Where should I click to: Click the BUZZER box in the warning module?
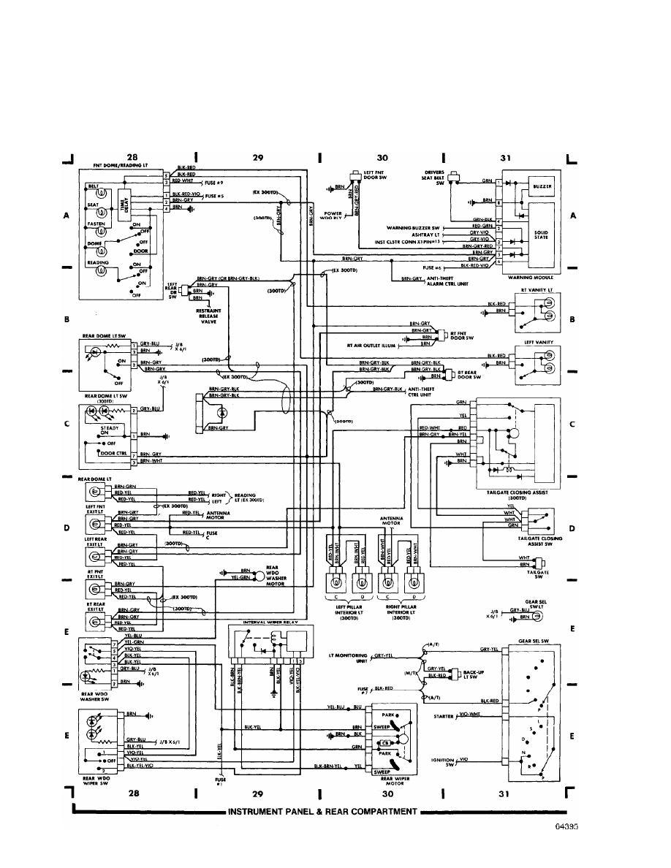click(542, 186)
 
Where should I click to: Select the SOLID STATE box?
click(542, 235)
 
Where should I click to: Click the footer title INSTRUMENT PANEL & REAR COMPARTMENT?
click(322, 812)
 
